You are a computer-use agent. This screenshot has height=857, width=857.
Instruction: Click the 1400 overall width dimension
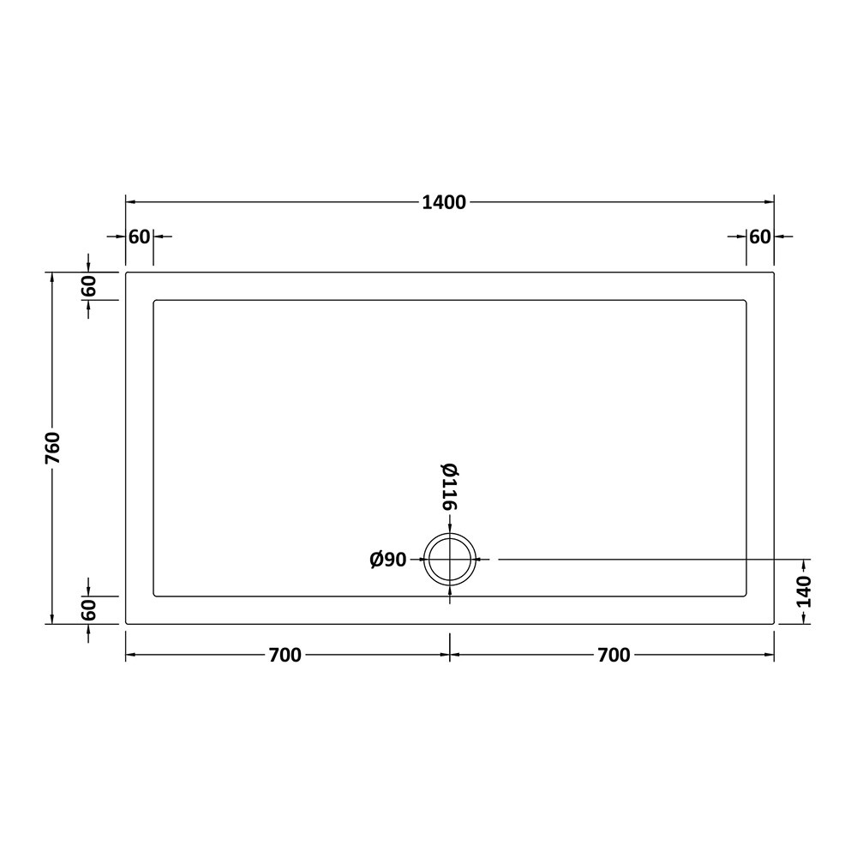(x=444, y=203)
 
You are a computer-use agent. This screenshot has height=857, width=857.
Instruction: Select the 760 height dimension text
(x=53, y=448)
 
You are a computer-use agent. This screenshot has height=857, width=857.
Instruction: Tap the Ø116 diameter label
(x=450, y=487)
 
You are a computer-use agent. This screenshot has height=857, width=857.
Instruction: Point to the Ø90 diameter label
(x=388, y=560)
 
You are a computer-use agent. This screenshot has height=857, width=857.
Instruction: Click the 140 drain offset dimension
(x=804, y=592)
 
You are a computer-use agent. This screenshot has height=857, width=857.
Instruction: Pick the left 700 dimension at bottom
(x=285, y=655)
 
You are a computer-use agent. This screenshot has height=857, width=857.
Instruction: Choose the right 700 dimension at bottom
(x=614, y=655)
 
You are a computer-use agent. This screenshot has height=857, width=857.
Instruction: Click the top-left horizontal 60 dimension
(x=140, y=237)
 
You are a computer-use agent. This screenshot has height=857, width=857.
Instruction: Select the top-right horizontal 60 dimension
(x=759, y=237)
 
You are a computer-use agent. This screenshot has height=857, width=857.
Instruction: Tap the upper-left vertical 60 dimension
(x=88, y=286)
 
